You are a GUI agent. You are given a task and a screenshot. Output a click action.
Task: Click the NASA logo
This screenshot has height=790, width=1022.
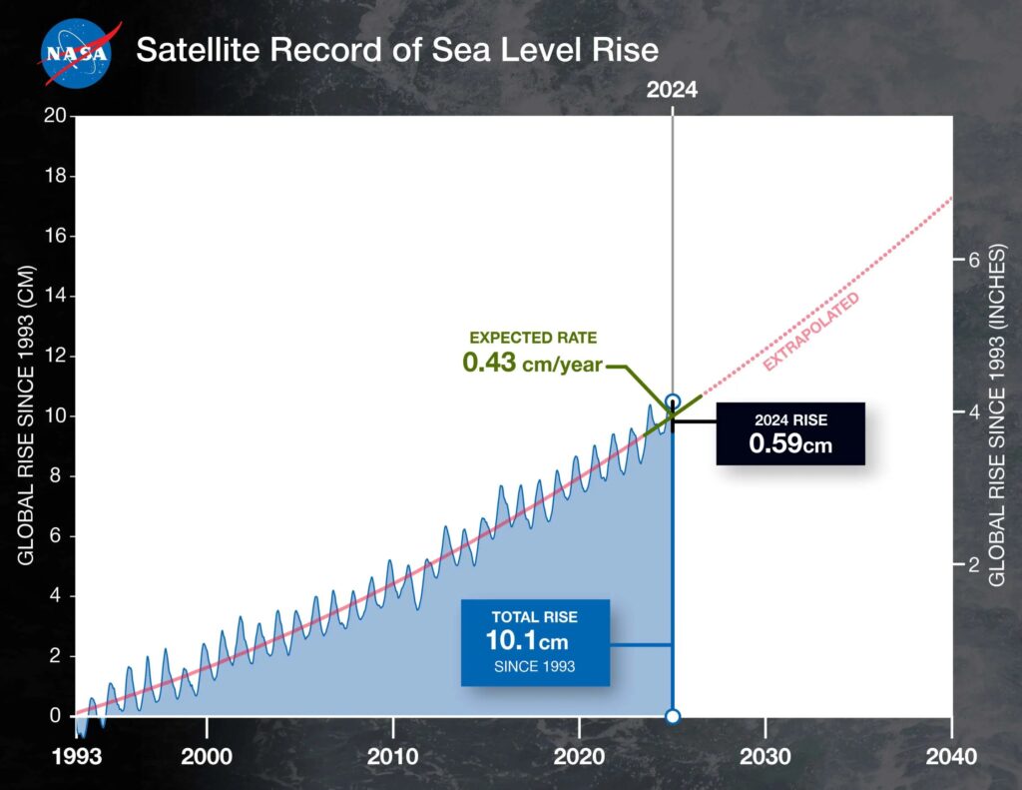coord(76,51)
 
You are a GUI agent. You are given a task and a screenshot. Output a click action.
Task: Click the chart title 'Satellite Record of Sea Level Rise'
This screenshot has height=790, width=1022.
coord(396,50)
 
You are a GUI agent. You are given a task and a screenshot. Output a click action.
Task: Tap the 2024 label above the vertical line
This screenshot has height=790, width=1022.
coord(672,89)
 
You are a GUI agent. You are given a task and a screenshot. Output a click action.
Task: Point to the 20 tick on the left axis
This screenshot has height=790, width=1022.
coord(56,116)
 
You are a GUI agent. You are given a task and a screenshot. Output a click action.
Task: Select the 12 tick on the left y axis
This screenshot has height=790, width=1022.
coord(56,357)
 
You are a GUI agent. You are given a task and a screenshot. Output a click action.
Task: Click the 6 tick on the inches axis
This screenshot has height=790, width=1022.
coord(965,261)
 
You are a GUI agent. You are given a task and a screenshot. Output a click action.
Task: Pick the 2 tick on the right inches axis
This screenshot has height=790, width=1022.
coord(965,564)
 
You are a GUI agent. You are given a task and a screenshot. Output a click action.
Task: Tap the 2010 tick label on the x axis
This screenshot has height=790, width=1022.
coord(393,755)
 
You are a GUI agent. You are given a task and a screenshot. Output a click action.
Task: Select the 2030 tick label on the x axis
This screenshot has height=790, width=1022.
coord(766,755)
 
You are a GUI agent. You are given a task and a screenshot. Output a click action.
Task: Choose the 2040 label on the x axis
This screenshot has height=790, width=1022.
coord(952,755)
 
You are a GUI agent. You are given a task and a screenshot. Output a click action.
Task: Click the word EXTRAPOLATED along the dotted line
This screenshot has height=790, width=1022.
coord(810,334)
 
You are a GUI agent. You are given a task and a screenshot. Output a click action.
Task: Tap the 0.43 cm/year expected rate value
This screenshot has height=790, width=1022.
coord(532,363)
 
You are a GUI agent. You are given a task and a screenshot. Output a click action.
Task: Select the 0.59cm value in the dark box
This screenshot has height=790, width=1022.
coord(790,442)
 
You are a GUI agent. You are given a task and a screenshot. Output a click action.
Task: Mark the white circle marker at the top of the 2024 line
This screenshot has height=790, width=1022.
coord(673,401)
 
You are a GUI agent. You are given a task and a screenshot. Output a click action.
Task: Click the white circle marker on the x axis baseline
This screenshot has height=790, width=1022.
coord(673,716)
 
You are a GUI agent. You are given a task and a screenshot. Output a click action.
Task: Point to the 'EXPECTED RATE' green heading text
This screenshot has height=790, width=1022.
coord(533,338)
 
